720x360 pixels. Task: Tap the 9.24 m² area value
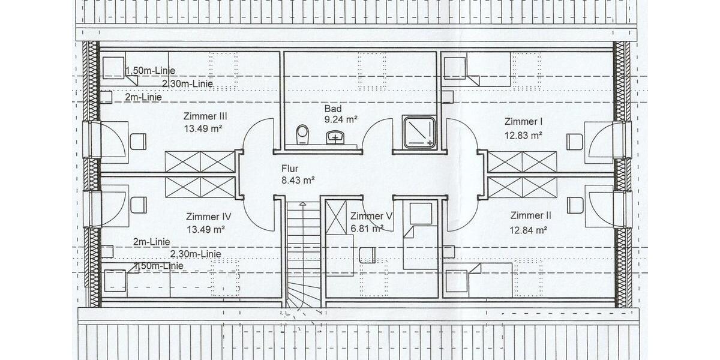point(341,119)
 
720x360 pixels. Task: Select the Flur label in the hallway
point(290,169)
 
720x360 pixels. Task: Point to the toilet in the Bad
point(302,134)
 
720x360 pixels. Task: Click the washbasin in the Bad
point(335,139)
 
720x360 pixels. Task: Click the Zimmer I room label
point(523,121)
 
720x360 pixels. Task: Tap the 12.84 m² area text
point(528,229)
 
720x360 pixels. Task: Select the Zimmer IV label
point(205,217)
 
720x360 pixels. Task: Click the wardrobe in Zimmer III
point(200,162)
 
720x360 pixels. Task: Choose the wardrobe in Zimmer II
point(522,187)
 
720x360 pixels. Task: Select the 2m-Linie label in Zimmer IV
point(151,242)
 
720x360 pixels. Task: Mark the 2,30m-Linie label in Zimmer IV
point(195,254)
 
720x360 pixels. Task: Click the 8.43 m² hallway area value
point(298,179)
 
